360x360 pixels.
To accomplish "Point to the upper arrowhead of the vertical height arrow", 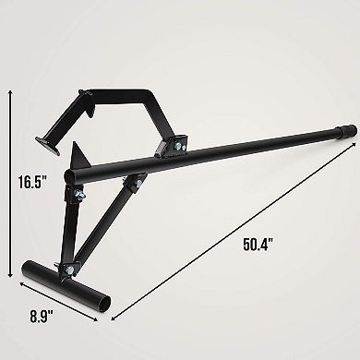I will [10, 90].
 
